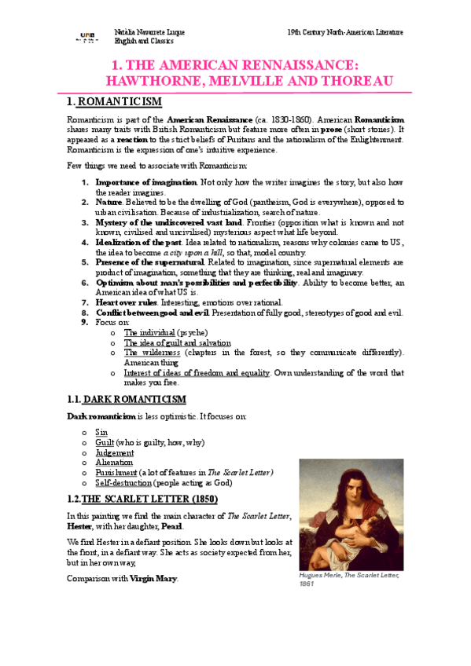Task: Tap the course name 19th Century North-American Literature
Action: coord(346,32)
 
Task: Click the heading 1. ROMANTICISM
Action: coord(114,102)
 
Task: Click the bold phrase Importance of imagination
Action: coord(146,182)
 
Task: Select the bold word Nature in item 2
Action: coord(110,202)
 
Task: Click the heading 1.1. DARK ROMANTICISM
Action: coord(127,400)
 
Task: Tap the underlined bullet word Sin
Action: coord(101,433)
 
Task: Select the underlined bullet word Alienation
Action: coord(114,463)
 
